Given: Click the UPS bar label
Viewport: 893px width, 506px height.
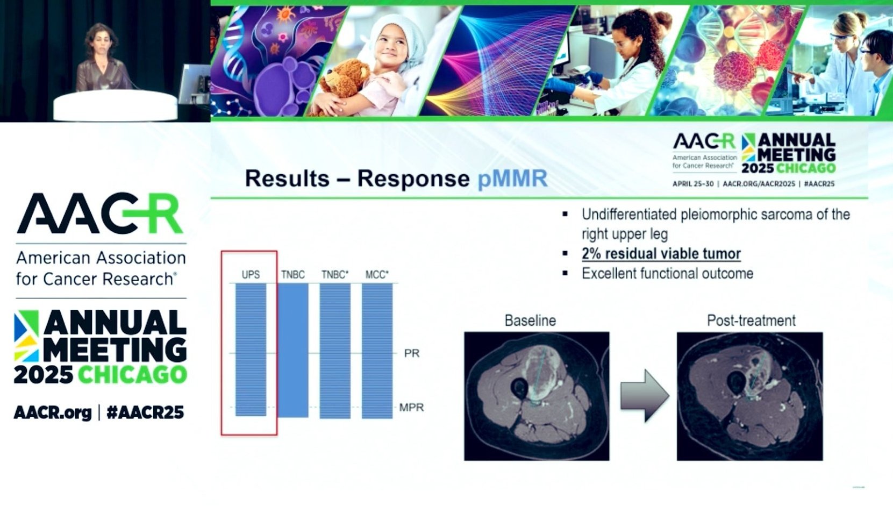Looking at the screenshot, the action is pyautogui.click(x=251, y=275).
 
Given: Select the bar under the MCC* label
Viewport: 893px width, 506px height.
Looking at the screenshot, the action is pyautogui.click(x=377, y=351).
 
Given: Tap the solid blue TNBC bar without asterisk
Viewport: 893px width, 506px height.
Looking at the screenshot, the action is pyautogui.click(x=293, y=351).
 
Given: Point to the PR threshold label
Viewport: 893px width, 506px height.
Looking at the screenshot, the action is pyautogui.click(x=412, y=353).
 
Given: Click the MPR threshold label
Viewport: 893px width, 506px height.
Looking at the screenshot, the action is pyautogui.click(x=411, y=408).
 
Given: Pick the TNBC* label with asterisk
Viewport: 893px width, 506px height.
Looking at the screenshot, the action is pyautogui.click(x=335, y=275).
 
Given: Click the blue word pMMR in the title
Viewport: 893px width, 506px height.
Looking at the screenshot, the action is pyautogui.click(x=512, y=178).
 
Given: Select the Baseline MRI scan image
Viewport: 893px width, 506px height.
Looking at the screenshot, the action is pyautogui.click(x=537, y=396).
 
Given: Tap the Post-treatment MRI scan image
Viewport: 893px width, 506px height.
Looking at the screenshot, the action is pyautogui.click(x=749, y=396).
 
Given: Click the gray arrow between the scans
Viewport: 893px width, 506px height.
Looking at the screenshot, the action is pyautogui.click(x=644, y=395).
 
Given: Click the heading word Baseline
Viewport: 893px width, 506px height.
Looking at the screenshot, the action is pyautogui.click(x=530, y=320).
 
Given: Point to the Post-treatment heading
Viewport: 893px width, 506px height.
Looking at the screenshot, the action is pyautogui.click(x=751, y=320).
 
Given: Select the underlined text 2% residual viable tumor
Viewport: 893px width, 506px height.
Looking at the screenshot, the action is pyautogui.click(x=661, y=254).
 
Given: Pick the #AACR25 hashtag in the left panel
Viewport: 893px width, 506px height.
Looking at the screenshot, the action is pyautogui.click(x=145, y=412).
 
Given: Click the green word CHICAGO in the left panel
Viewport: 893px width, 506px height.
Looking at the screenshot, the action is pyautogui.click(x=132, y=374).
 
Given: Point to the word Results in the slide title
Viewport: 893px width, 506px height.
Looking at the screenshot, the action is pyautogui.click(x=287, y=178).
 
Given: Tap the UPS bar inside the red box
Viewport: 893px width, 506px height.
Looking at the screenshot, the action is pyautogui.click(x=251, y=350).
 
